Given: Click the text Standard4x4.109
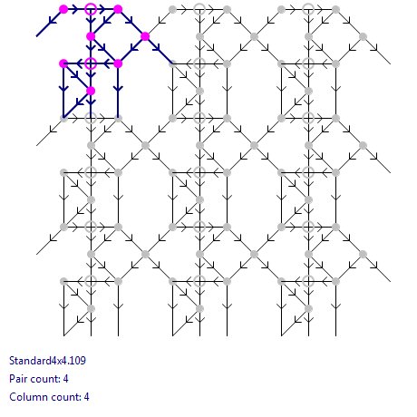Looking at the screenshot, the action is click(x=47, y=361).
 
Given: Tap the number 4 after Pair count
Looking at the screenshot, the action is click(x=65, y=379).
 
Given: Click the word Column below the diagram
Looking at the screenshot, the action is click(x=25, y=397).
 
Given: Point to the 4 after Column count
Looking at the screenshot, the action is click(x=86, y=397).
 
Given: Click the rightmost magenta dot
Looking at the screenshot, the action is click(x=145, y=36).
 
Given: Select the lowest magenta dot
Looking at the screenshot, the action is click(x=91, y=91).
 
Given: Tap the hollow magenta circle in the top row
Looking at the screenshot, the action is click(x=91, y=9).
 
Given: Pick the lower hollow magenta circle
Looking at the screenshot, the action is click(x=91, y=63).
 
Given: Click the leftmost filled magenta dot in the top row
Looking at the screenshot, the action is click(x=63, y=9).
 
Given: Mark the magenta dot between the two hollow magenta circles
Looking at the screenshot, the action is click(x=91, y=36).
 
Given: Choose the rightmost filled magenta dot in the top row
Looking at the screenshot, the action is click(x=118, y=9).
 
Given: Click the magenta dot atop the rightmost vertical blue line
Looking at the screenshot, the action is click(x=118, y=63).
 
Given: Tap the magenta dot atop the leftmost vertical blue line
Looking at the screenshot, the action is click(x=63, y=63).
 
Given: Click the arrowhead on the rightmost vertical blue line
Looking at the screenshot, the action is click(x=118, y=89).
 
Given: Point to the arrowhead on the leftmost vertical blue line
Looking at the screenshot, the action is click(x=63, y=89).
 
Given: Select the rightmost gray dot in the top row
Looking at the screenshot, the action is click(x=335, y=9).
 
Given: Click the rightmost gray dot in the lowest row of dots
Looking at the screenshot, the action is click(x=308, y=308).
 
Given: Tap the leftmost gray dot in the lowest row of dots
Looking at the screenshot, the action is click(x=91, y=308).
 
